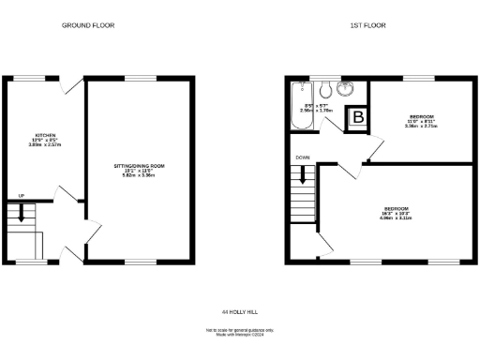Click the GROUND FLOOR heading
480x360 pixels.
[x=88, y=25]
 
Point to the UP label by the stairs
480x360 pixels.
[x=21, y=196]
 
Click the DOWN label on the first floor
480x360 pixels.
[x=302, y=158]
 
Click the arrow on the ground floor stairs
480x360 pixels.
[x=22, y=215]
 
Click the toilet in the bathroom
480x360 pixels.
[x=323, y=90]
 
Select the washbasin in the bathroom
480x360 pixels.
[x=347, y=89]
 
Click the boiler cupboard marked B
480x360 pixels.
[x=357, y=118]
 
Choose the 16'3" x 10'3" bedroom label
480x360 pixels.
[x=397, y=212]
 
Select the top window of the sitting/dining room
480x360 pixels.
[x=141, y=77]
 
